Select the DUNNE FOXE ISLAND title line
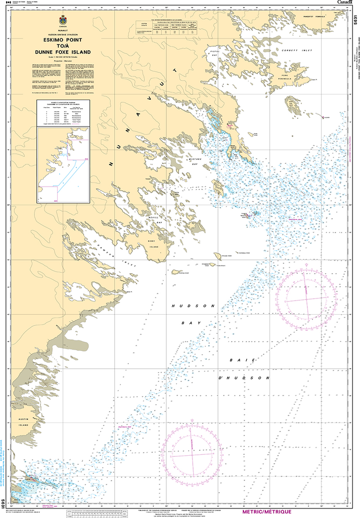pyautogui.click(x=63, y=51)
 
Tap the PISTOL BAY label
pyautogui.click(x=214, y=52)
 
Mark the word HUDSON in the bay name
pyautogui.click(x=194, y=306)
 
